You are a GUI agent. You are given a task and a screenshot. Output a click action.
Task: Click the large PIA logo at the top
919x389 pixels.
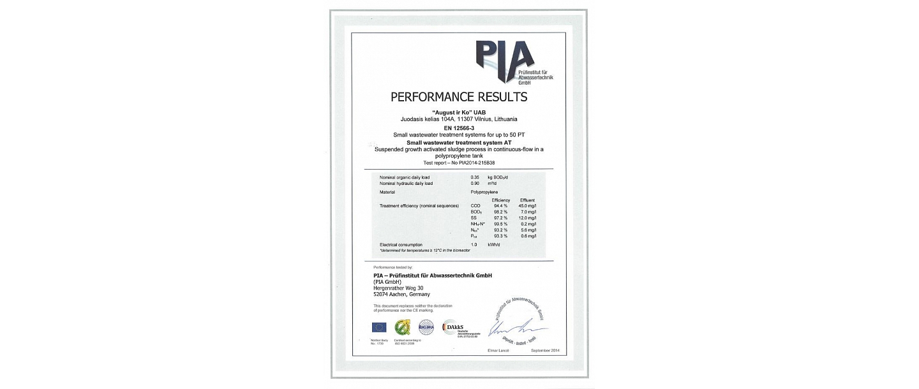pyautogui.click(x=504, y=62)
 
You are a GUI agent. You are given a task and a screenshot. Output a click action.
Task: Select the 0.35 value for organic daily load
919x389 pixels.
pyautogui.click(x=474, y=177)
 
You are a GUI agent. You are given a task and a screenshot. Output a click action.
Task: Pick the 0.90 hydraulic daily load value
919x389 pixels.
pyautogui.click(x=474, y=183)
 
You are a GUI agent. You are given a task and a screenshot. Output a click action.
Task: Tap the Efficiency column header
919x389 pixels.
pyautogui.click(x=501, y=200)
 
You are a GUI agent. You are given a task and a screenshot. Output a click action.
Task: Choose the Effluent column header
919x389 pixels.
pyautogui.click(x=527, y=200)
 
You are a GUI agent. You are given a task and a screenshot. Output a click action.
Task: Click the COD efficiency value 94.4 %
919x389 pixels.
pyautogui.click(x=501, y=206)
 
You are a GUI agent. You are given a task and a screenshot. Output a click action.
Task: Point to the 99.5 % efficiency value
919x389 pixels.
pyautogui.click(x=501, y=224)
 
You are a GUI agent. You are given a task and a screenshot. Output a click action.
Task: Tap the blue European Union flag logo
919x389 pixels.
pyautogui.click(x=379, y=327)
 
